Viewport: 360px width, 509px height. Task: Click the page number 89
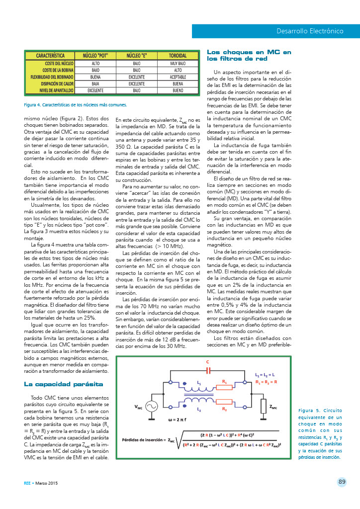coord(342,481)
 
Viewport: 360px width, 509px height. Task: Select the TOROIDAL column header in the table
coord(178,56)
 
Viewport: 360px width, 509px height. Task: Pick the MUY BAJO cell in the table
coord(178,64)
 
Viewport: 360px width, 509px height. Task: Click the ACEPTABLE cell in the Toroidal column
coord(178,78)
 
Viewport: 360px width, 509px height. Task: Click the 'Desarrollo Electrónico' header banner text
coord(310,31)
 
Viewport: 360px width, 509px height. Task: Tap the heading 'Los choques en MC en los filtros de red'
coord(249,55)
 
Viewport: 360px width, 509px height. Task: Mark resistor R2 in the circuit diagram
coord(225,402)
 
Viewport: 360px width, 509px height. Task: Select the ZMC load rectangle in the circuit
coord(263,406)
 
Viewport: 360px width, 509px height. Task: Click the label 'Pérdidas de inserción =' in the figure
coord(144,440)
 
